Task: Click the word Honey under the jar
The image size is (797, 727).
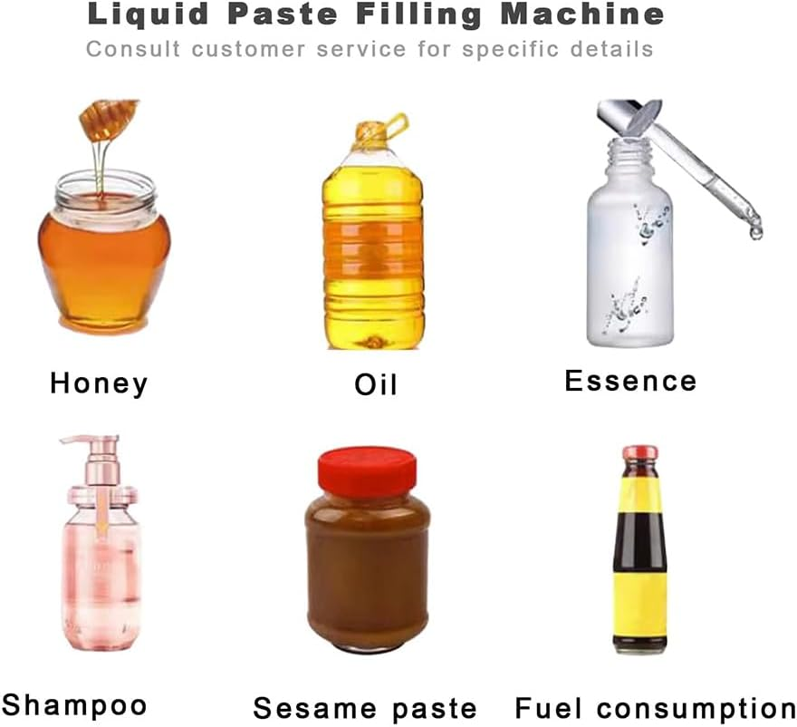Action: coord(99,383)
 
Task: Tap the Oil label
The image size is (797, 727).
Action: coord(375,384)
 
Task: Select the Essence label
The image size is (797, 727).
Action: coord(630,380)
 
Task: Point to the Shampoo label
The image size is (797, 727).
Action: coord(73,703)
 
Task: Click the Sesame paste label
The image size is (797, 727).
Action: coord(364,708)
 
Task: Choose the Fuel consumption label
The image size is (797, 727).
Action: coord(656,708)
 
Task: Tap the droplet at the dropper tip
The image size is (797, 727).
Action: coord(755,232)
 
